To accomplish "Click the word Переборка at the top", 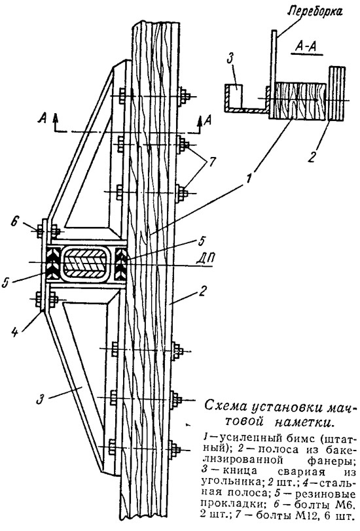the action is coord(315,12).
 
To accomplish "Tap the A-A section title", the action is coord(306,47).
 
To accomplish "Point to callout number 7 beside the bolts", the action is coord(211,162).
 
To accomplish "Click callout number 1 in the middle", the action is coord(250,178).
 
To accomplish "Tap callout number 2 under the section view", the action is coord(311,157).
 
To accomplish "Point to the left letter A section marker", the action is coord(43,119).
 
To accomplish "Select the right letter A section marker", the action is coord(209,120).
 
